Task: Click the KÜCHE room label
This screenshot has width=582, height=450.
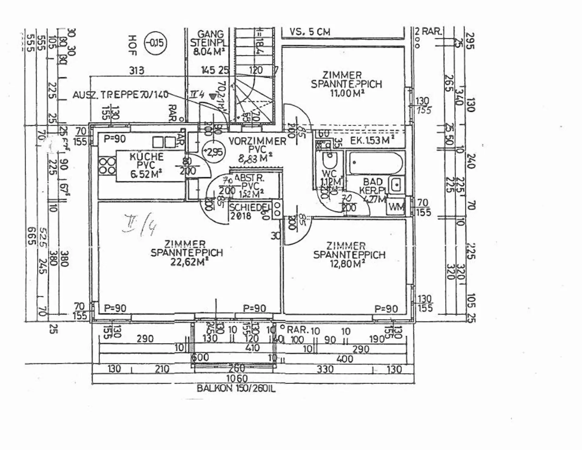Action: [x=146, y=157]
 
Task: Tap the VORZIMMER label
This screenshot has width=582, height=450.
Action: [x=257, y=141]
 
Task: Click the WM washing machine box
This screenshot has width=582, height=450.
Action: [x=396, y=207]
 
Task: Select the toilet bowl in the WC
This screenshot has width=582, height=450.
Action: [x=329, y=160]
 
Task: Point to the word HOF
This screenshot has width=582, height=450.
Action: [x=132, y=45]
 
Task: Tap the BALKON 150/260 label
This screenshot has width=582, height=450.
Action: [x=236, y=389]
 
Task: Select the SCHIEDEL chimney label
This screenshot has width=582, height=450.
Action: [x=249, y=207]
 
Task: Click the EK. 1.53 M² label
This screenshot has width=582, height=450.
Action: [x=372, y=141]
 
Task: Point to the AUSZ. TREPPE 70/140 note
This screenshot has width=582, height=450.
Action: [x=120, y=95]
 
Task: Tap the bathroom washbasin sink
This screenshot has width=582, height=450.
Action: [x=396, y=184]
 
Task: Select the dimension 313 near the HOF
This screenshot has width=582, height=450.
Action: [x=136, y=71]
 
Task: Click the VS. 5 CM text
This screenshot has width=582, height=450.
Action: [x=309, y=32]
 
